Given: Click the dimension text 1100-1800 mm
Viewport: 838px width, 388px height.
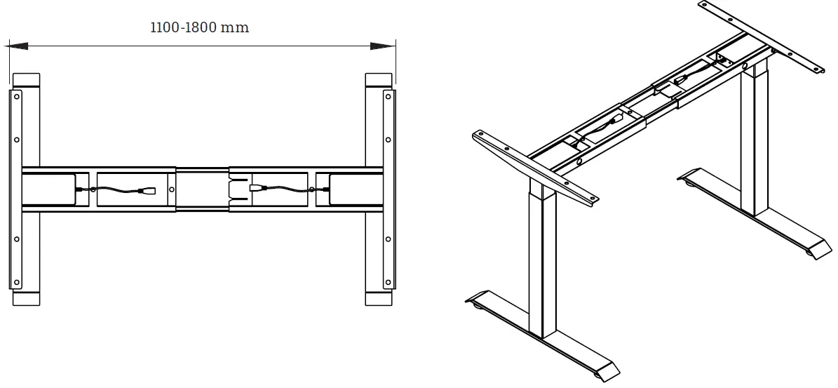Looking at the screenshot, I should pyautogui.click(x=200, y=28).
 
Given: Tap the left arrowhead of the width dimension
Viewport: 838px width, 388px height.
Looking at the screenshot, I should pyautogui.click(x=18, y=47).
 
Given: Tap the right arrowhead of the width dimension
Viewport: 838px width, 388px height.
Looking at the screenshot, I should pyautogui.click(x=382, y=47).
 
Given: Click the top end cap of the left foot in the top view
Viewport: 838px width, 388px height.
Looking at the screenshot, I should pyautogui.click(x=26, y=80).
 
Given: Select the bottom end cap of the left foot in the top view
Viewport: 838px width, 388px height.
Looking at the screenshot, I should pyautogui.click(x=26, y=297).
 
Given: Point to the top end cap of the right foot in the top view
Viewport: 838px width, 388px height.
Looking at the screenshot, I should pyautogui.click(x=379, y=80).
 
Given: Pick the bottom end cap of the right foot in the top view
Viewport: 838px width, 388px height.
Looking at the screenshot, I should pyautogui.click(x=379, y=297).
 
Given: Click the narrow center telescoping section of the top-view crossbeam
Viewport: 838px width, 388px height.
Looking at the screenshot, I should pyautogui.click(x=202, y=189).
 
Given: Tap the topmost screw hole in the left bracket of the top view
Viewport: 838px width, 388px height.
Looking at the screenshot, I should pyautogui.click(x=16, y=98).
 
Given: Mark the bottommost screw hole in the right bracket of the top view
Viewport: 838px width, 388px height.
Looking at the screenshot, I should pyautogui.click(x=388, y=282).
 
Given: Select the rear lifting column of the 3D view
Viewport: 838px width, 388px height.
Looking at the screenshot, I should pyautogui.click(x=755, y=140).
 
